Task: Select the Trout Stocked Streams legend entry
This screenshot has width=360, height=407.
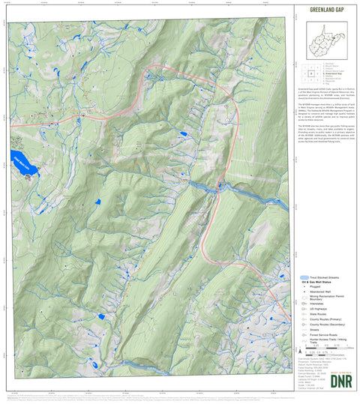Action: (x=323, y=277)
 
